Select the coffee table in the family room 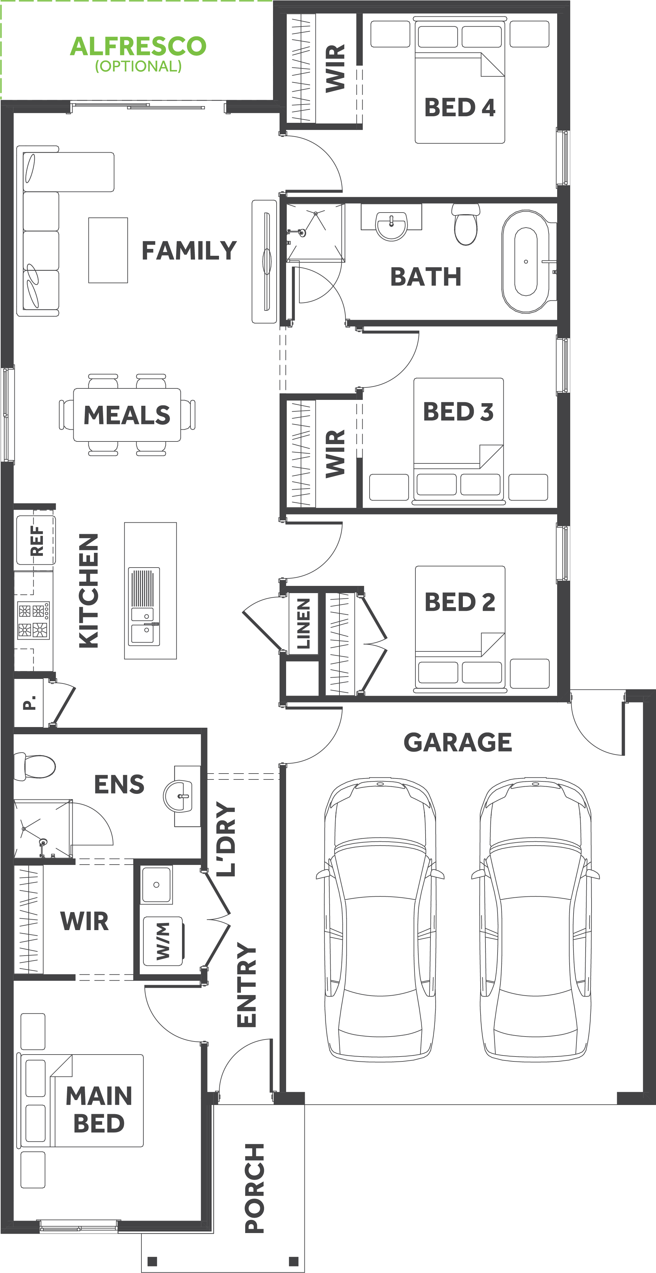click(108, 250)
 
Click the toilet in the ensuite click(35, 766)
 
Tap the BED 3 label click(458, 412)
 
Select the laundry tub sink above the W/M click(156, 885)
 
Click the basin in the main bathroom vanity click(391, 226)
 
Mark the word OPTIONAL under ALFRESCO click(138, 66)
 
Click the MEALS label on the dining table click(127, 415)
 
